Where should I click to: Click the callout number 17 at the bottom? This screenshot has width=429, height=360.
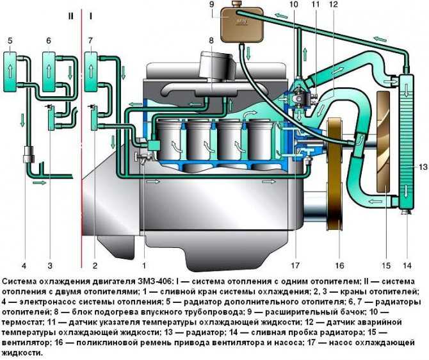295,265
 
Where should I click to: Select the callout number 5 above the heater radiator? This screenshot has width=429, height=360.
10,41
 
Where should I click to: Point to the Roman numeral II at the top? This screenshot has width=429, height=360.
71,17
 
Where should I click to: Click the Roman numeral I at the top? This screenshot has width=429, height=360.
90,17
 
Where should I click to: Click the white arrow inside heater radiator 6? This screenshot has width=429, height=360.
49,71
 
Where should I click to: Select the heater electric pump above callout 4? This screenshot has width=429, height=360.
28,154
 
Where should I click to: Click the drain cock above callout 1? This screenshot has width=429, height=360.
142,158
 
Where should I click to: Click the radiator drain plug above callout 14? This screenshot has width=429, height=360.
407,211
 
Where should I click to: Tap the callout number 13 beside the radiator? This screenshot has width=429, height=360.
423,167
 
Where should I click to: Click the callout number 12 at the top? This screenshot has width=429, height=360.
334,4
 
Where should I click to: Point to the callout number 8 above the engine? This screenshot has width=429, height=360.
211,41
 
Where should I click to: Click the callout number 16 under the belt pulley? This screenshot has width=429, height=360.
339,265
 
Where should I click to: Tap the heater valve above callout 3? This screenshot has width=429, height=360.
51,117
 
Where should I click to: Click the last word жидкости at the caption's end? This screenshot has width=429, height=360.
21,353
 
